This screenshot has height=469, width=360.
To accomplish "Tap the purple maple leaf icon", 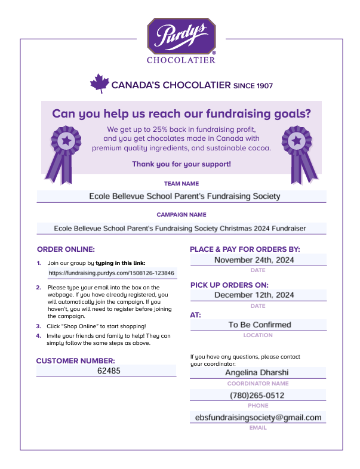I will coord(99,84).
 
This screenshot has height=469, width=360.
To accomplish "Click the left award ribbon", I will coord(64,153).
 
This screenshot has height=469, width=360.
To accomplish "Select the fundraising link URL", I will coord(112,273).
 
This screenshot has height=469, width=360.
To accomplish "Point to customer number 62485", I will coord(109,371).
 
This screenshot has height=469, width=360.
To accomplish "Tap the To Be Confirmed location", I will coord(259,325).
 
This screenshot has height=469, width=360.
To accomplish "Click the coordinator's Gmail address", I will coord(258,418).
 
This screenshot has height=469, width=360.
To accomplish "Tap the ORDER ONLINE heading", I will coord(66,249).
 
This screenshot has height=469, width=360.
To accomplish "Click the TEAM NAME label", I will coord(181,184).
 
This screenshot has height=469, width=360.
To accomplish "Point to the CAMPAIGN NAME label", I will coord(181,214).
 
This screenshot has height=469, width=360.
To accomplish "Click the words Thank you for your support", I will coord(181,163).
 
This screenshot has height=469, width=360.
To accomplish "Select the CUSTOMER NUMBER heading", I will coord(75,360).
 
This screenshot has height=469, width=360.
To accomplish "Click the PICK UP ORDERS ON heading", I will coord(229,285).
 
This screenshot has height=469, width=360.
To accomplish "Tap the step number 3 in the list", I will coord(38,326).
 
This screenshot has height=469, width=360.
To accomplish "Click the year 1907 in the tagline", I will coord(261,86).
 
